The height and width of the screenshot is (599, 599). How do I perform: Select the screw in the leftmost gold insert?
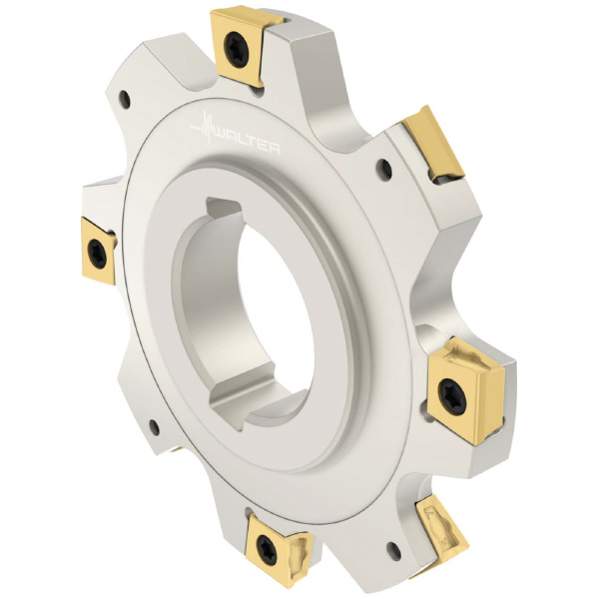95,253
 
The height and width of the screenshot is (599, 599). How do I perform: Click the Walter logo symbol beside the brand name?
205,125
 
